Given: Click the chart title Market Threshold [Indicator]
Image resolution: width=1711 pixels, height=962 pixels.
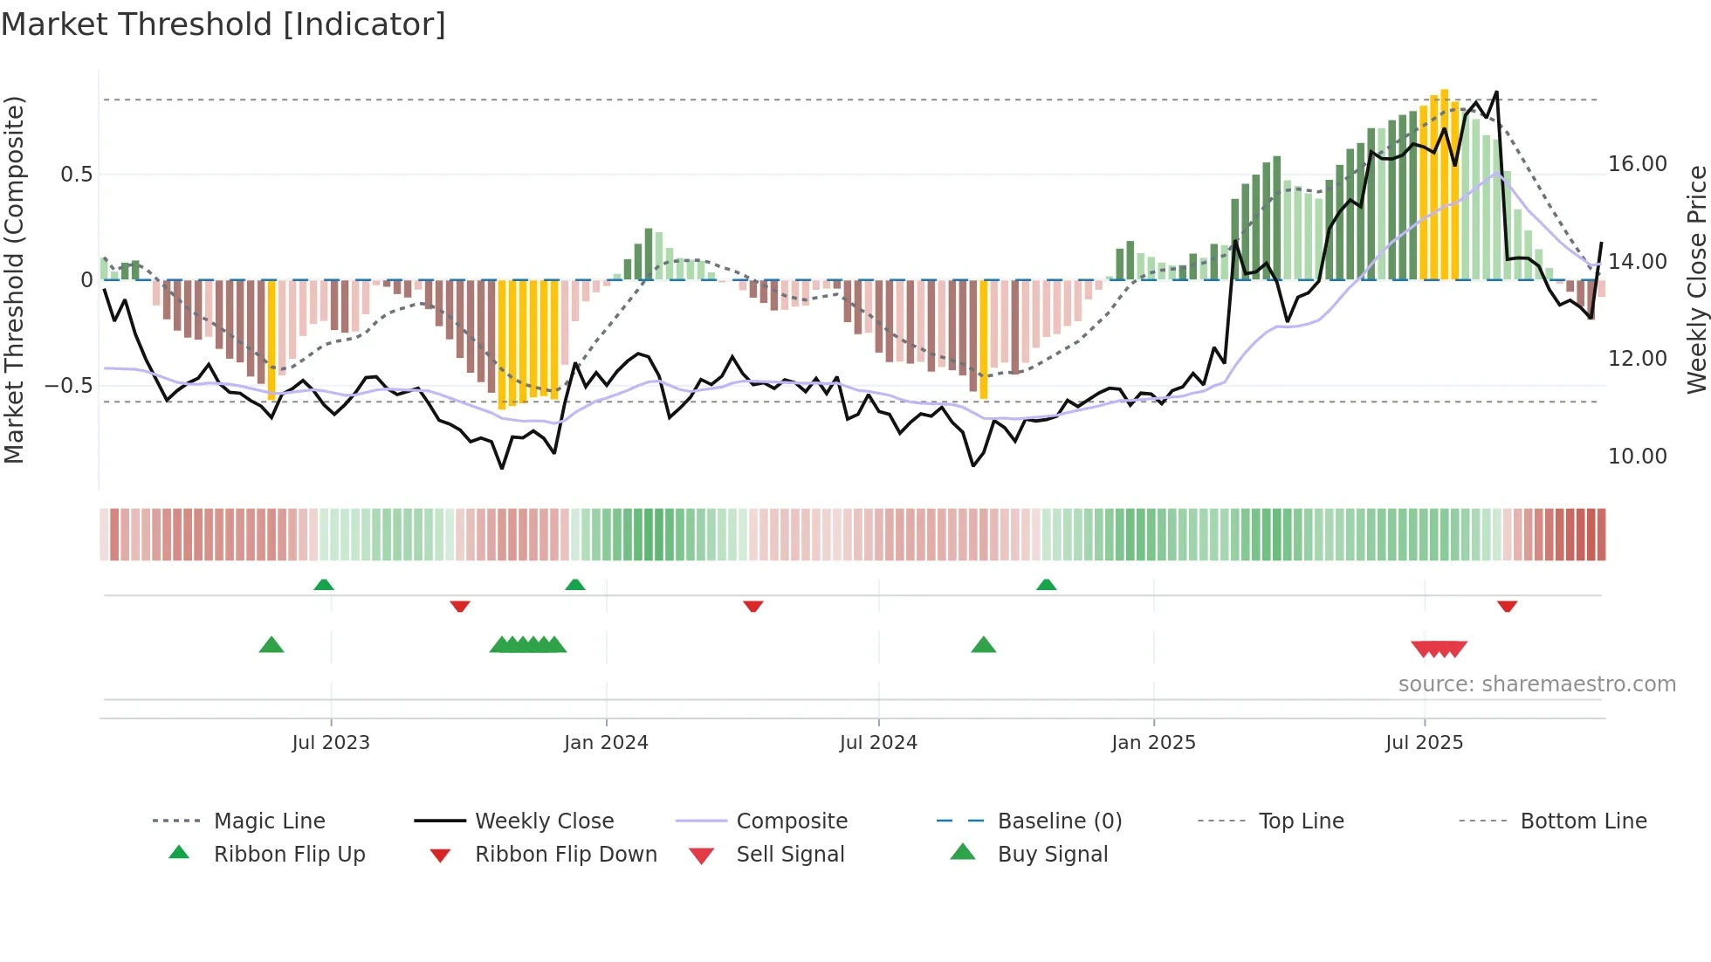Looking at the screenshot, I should coord(223,24).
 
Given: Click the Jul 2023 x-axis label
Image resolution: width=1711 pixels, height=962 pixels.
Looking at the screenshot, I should coord(331,743).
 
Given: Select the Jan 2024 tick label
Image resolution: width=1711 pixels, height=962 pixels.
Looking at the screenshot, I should coord(606,743).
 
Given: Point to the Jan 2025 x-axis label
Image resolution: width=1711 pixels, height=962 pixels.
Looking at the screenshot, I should coord(1153,743).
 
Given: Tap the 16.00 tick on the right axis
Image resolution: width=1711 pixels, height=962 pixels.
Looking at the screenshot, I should coord(1637,164).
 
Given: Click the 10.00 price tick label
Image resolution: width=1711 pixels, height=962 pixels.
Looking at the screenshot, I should coord(1637,457).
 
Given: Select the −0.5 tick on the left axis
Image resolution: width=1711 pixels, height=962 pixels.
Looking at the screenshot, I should coord(69,386).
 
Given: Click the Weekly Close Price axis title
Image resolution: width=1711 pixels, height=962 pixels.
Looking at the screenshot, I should coord(1696,279).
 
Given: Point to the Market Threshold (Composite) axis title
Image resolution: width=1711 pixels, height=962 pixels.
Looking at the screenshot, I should coord(15,279).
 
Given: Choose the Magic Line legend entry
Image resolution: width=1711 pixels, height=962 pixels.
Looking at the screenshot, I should coord(269,821).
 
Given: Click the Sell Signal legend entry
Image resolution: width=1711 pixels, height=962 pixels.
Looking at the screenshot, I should coord(790,855).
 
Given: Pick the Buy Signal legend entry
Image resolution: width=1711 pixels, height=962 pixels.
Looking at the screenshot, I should coord(1052,855).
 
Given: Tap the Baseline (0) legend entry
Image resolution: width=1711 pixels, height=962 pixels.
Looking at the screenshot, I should coord(1059,821).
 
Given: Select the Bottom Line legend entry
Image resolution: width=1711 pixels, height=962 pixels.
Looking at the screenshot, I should coord(1583,821).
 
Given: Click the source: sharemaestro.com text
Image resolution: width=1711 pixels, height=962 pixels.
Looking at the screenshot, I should coord(1536,684).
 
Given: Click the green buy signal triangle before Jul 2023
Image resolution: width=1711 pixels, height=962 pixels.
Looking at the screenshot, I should coord(271,646).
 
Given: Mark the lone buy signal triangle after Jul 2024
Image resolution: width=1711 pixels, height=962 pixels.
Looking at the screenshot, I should coord(984,646).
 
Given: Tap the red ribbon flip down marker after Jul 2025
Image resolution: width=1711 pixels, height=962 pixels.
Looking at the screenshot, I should coord(1507,606).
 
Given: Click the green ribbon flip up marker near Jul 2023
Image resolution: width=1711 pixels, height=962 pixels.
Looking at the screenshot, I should coord(324,585).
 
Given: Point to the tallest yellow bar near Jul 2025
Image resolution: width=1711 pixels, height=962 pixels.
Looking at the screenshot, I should coord(1445,183).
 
